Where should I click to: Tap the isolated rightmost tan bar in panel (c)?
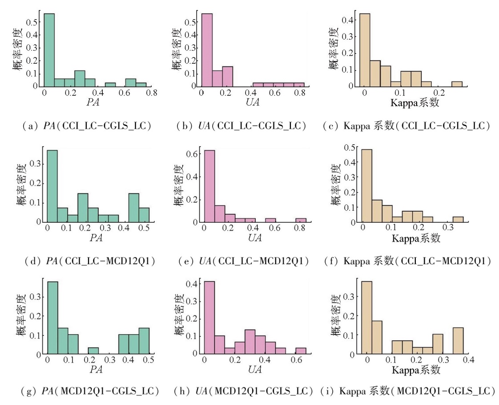click(457, 84)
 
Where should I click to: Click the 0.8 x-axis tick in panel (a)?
click(150, 93)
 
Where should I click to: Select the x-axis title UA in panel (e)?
click(255, 238)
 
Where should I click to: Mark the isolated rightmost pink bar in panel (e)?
click(301, 220)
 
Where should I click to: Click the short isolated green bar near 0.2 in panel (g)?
click(93, 351)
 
